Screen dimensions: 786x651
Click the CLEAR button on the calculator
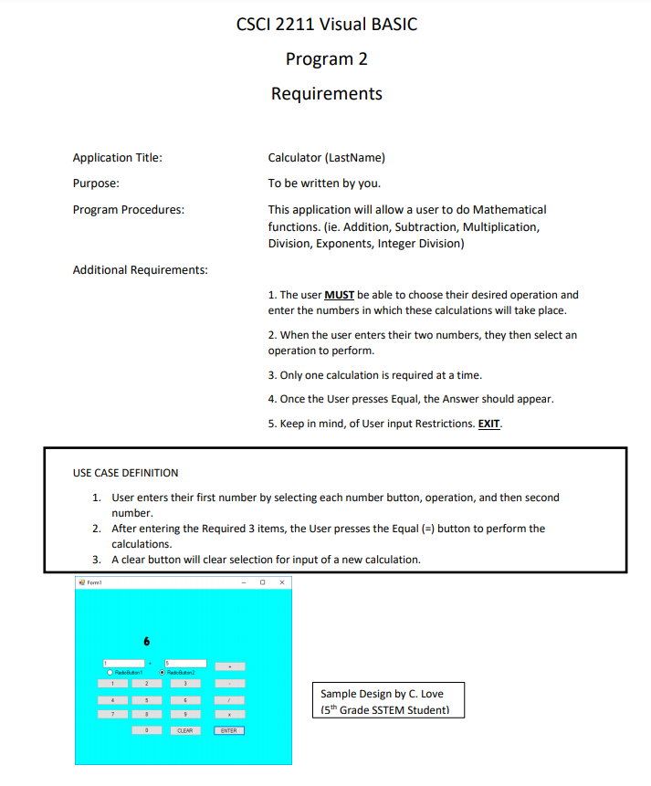(x=184, y=730)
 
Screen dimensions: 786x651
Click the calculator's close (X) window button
(x=282, y=581)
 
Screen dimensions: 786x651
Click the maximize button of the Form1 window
(x=263, y=581)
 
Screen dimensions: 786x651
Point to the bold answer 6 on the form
(x=146, y=640)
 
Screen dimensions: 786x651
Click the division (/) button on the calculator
(x=229, y=698)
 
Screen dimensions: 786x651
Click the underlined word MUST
(x=339, y=295)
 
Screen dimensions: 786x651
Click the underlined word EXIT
(x=489, y=424)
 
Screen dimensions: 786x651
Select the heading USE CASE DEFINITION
(x=126, y=473)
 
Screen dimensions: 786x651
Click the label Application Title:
(x=118, y=158)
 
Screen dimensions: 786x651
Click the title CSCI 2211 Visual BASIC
(x=326, y=25)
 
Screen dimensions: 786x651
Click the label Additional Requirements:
(x=140, y=270)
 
